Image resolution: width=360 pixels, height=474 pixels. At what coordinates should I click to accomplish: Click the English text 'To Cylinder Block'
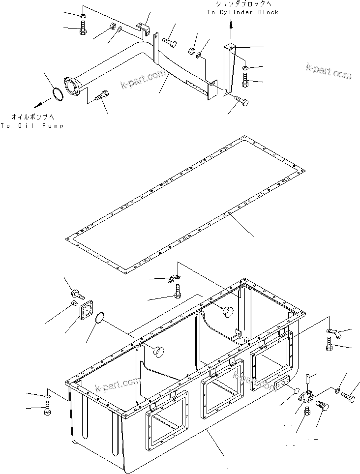click(242, 12)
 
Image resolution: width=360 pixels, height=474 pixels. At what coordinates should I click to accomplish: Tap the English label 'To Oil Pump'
click(32, 126)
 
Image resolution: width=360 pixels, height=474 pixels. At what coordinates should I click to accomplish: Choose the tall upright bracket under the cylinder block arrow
click(230, 68)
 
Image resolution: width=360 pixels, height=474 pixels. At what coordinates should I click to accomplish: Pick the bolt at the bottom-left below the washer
click(47, 408)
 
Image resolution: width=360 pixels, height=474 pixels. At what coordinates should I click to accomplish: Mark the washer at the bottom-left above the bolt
click(47, 396)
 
